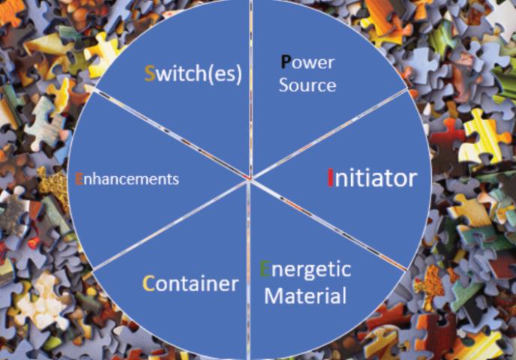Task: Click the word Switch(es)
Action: click(x=193, y=75)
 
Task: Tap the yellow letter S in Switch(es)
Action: click(x=149, y=75)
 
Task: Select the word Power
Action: click(x=307, y=63)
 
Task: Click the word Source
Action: click(x=307, y=85)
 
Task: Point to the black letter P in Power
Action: click(x=286, y=62)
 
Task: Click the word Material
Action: click(x=306, y=295)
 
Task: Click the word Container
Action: click(x=190, y=283)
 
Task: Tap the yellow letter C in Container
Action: click(x=148, y=283)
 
